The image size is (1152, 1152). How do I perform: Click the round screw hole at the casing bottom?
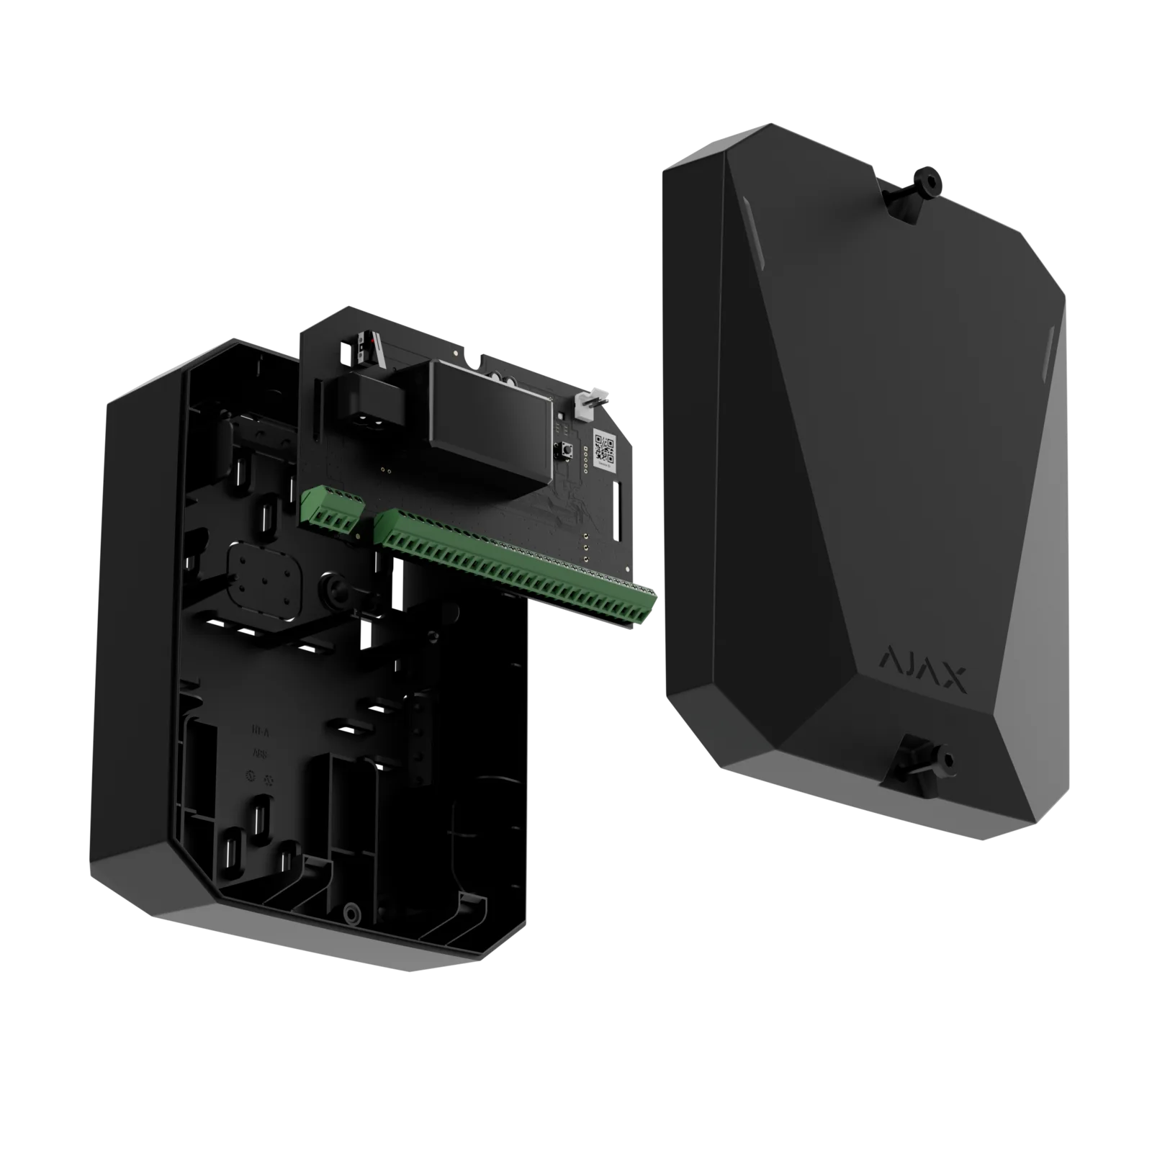[351, 913]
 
